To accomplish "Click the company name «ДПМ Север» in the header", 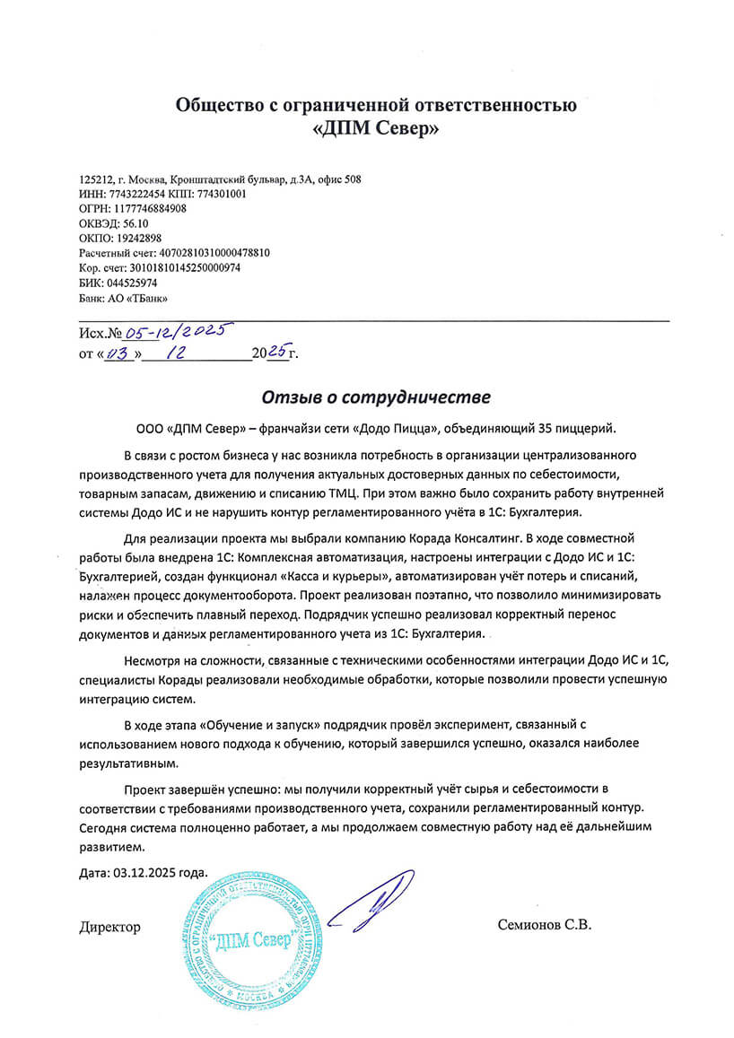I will pos(375,130).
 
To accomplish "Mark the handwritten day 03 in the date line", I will pos(118,353).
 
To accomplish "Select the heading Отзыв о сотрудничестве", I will pos(376,396).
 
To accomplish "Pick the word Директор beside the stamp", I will pos(109,926).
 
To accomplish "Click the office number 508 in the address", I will pos(353,179).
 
